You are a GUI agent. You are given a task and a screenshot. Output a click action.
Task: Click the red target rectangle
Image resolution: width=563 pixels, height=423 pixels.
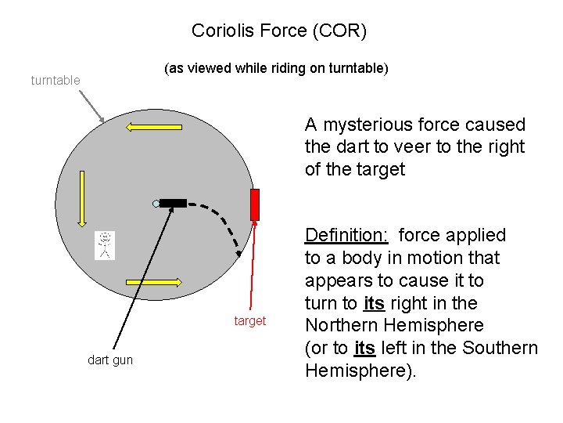tap(254, 204)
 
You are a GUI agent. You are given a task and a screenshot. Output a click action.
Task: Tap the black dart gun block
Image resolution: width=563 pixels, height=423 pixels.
tap(173, 203)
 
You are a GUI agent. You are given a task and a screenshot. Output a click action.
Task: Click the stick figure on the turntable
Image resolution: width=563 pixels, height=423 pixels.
tap(104, 245)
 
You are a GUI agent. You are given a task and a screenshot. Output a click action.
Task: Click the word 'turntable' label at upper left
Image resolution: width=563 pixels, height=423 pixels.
tap(55, 80)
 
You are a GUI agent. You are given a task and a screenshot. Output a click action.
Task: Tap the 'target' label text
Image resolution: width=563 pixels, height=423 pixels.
tap(250, 320)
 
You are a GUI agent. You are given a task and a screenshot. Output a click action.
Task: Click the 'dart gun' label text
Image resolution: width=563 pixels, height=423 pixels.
tap(110, 360)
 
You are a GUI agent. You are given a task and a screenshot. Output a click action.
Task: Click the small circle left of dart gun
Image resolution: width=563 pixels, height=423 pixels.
tap(156, 204)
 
